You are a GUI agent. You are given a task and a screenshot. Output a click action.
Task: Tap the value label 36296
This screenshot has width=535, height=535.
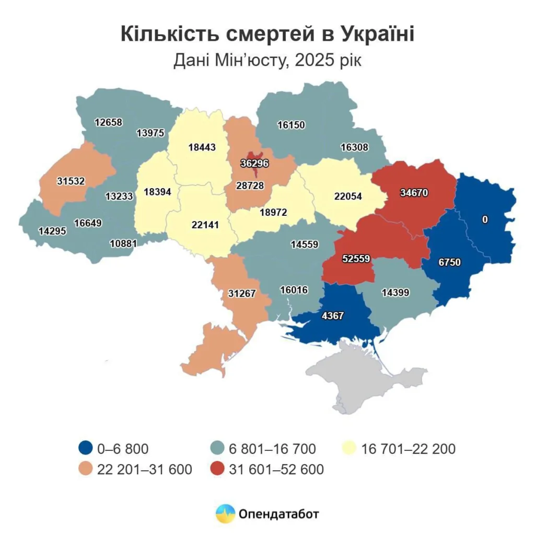[254, 164]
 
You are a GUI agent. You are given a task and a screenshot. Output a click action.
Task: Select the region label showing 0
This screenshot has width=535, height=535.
[485, 219]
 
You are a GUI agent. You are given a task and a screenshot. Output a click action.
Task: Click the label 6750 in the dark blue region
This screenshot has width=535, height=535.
[449, 262]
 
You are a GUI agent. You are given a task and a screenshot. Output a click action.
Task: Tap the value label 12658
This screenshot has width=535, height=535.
[108, 122]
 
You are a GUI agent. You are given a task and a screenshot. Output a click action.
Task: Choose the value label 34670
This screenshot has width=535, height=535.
[414, 193]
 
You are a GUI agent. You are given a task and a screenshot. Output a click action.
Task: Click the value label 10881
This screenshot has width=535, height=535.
[123, 243]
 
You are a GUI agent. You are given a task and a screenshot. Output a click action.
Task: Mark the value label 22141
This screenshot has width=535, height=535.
[201, 225]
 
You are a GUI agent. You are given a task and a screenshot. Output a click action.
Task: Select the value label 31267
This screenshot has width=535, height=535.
[242, 293]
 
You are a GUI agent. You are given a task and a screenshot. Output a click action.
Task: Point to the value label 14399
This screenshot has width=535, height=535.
[395, 293]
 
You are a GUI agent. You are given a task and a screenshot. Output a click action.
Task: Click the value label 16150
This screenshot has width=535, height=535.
[291, 125]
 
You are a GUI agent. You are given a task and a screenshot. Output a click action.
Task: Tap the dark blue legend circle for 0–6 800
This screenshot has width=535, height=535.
[85, 448]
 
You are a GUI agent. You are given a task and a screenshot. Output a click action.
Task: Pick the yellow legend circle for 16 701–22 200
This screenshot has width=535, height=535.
[350, 448]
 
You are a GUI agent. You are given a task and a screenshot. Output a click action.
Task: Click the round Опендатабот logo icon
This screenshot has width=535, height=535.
[225, 514]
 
